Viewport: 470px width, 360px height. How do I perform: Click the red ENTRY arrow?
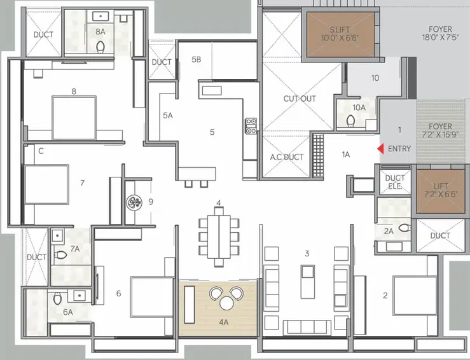click(x=380, y=149)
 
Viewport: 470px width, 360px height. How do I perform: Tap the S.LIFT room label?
click(x=340, y=30)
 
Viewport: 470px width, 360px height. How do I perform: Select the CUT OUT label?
click(x=300, y=99)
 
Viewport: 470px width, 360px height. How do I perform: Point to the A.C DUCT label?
click(x=287, y=157)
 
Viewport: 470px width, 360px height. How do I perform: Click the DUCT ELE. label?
click(x=395, y=182)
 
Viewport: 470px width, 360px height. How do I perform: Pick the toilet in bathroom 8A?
click(x=100, y=47)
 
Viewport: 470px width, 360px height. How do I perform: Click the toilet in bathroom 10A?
click(x=350, y=121)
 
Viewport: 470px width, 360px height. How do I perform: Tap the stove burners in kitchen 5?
click(x=251, y=126)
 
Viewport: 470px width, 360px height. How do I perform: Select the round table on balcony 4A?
click(x=226, y=303)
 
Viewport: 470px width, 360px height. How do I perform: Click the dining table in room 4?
click(x=219, y=237)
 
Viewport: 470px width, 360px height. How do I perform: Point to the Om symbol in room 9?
click(x=134, y=202)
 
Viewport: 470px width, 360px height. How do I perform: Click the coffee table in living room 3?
click(x=308, y=282)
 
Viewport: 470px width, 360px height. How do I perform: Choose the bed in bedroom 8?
click(x=74, y=118)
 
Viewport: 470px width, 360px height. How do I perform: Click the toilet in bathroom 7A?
click(x=60, y=255)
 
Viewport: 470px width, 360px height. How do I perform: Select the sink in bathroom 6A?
click(x=79, y=296)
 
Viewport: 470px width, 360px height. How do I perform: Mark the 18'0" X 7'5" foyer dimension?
click(x=440, y=38)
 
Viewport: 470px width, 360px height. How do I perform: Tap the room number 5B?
click(x=197, y=59)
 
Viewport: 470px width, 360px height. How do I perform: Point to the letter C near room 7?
click(x=41, y=151)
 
